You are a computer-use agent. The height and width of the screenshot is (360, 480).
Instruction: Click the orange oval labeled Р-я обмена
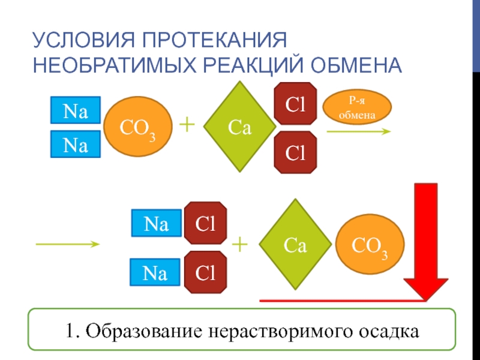(358, 106)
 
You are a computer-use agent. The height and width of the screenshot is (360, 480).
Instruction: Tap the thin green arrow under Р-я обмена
(359, 131)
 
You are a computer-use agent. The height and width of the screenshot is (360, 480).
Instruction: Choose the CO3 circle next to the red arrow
(368, 246)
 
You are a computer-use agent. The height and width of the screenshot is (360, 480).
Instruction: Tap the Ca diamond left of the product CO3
(295, 245)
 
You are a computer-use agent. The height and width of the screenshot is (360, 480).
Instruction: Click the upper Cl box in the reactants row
(295, 103)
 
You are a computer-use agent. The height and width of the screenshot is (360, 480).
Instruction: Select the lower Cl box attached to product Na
(205, 272)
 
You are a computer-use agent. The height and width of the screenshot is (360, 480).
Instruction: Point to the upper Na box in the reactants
(75, 110)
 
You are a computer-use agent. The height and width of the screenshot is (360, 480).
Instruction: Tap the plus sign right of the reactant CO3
(187, 124)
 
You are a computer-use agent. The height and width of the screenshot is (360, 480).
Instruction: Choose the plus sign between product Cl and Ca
(239, 244)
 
